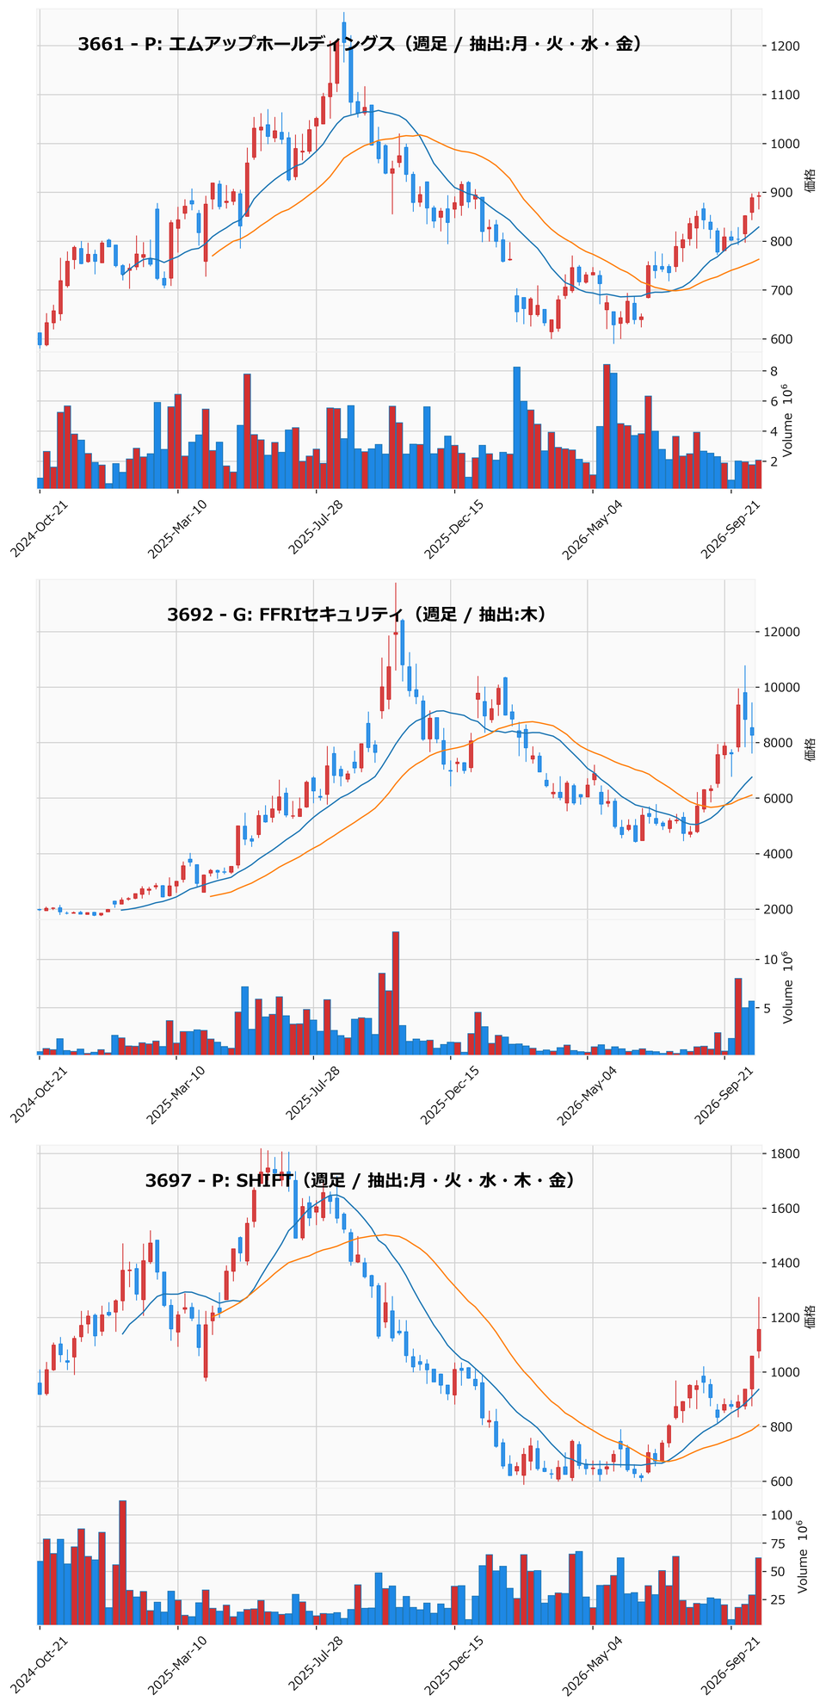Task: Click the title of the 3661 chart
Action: (x=360, y=45)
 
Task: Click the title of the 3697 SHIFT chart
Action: (x=360, y=1180)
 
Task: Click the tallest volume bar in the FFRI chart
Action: (x=396, y=993)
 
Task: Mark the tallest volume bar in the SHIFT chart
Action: (x=122, y=1562)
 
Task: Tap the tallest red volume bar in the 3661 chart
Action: (x=607, y=426)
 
